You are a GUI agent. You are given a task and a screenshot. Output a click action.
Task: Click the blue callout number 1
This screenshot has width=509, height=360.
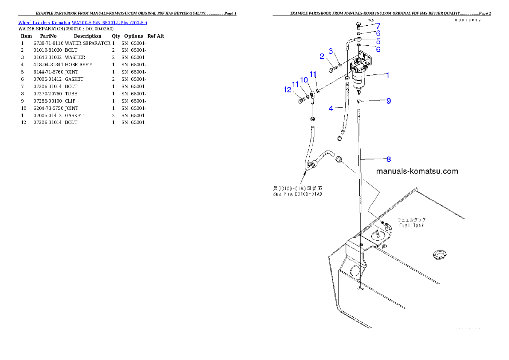[388, 75]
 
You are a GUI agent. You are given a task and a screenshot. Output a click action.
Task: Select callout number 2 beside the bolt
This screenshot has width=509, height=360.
[322, 56]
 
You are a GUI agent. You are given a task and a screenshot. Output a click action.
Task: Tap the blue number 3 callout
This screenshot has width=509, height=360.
[331, 51]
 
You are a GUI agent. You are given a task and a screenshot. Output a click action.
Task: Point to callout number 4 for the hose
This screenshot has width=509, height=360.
[331, 109]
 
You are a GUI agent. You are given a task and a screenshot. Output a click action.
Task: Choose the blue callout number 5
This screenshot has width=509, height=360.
[378, 41]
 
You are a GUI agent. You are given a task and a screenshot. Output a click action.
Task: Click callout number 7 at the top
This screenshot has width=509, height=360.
[378, 26]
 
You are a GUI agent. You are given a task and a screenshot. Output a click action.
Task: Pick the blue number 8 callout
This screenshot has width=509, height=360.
[388, 159]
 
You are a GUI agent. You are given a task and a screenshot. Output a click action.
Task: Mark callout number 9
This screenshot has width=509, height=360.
[388, 101]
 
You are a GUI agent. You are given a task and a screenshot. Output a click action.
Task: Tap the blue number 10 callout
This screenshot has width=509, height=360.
[304, 80]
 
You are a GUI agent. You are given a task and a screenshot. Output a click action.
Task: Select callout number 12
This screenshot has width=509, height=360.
[287, 90]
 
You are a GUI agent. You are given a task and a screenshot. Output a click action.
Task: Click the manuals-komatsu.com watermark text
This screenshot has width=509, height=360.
[417, 171]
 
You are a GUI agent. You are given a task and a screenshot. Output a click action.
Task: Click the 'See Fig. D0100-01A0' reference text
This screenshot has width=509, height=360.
[297, 194]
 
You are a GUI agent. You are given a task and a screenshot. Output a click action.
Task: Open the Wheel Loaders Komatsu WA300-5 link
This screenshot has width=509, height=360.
[83, 23]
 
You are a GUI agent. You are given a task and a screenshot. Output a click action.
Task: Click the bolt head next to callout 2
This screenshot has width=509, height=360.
[332, 69]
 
